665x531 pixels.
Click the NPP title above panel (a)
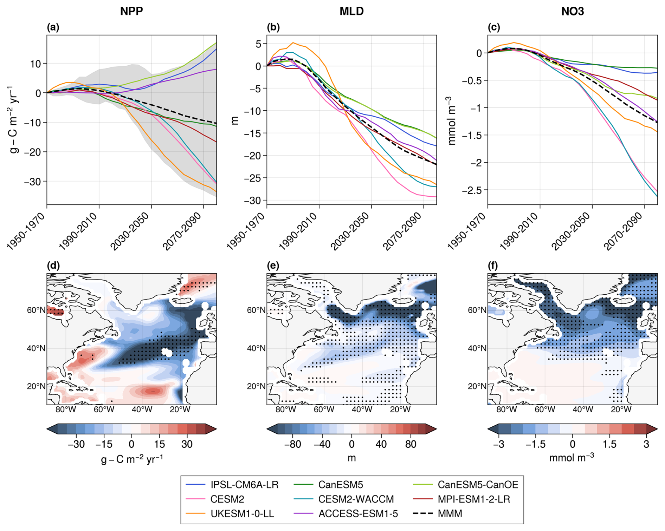pos(131,11)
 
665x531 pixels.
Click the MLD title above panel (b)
pos(351,11)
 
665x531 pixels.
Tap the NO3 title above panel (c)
pos(572,11)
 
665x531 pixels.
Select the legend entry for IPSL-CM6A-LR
pos(244,485)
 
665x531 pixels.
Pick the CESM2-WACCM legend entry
pos(356,499)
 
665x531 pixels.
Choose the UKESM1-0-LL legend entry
pos(242,513)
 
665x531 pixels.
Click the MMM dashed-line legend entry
pos(450,513)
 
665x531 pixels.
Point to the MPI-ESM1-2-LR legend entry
pos(473,499)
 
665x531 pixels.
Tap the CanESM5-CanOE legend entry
pos(478,485)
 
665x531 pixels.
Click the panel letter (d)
pos(53,265)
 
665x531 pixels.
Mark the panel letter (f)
pos(493,265)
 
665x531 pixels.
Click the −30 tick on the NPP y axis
pos(32,182)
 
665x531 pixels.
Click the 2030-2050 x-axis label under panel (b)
pos(350,231)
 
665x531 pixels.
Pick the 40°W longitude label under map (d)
pos(142,409)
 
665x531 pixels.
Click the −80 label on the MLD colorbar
pos(292,444)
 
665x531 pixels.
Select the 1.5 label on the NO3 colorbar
pos(609,444)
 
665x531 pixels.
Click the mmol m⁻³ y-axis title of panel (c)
pos(452,121)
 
